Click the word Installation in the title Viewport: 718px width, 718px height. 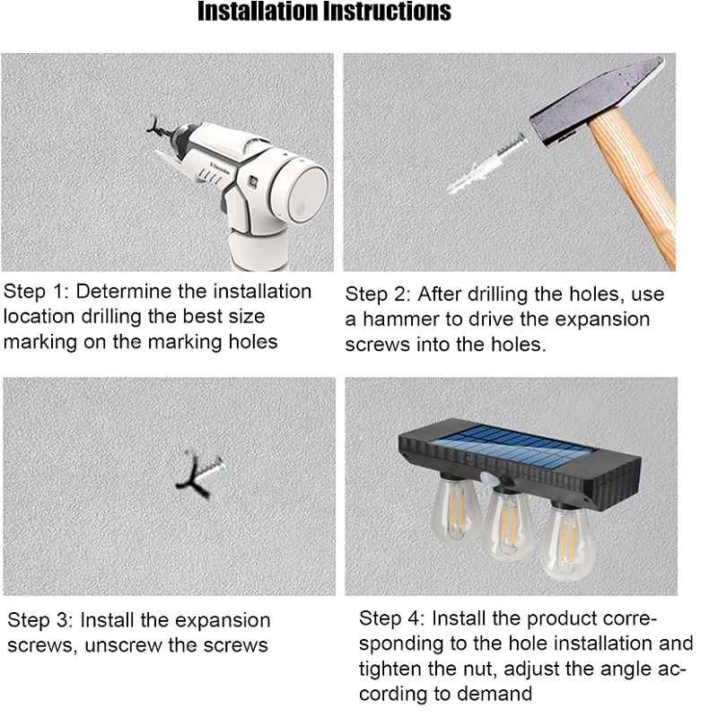click(258, 12)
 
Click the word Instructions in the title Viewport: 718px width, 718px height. click(387, 12)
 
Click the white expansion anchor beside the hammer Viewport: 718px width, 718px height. click(486, 163)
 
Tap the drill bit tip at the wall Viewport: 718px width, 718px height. click(154, 126)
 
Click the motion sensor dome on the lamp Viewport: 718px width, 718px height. click(490, 479)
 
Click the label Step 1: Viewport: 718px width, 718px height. click(36, 292)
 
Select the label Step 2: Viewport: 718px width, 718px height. click(377, 294)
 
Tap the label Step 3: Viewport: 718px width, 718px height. click(40, 620)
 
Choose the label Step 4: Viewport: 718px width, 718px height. click(392, 618)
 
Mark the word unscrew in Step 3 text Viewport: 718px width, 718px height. click(123, 645)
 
